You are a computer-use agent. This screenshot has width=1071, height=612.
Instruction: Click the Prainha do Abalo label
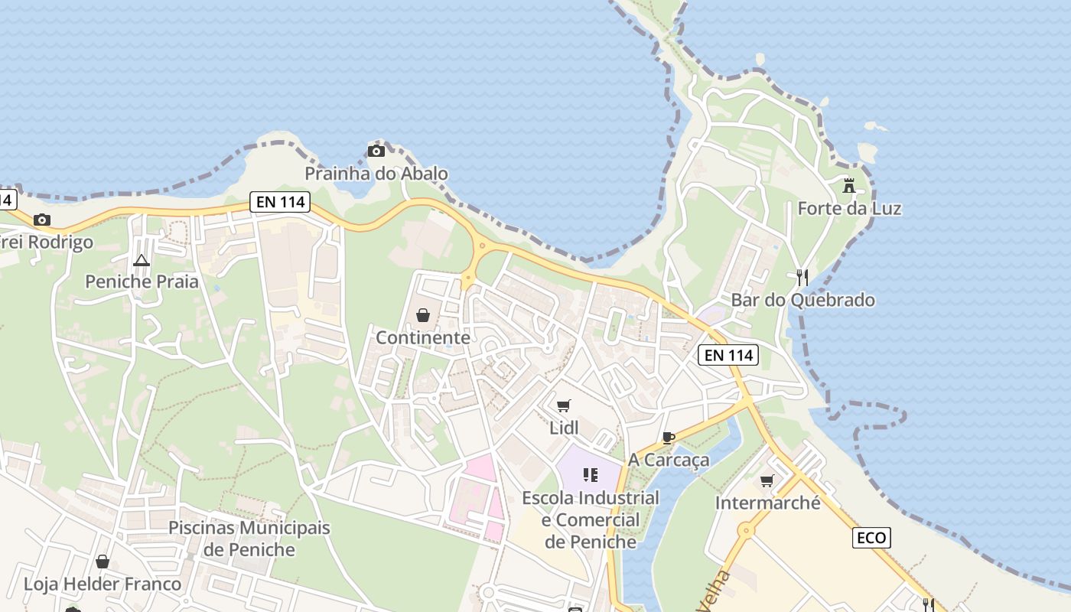point(376,174)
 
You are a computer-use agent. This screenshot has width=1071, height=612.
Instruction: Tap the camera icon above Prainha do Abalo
point(376,151)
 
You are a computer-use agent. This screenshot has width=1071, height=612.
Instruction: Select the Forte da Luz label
point(849,208)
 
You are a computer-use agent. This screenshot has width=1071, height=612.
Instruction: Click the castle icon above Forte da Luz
point(849,185)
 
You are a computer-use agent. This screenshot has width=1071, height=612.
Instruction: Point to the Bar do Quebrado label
point(802,300)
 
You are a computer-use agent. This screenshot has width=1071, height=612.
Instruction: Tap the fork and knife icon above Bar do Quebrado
point(802,277)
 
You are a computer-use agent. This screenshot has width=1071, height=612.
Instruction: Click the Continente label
point(422,337)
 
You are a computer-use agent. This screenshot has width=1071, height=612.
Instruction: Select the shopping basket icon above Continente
point(422,314)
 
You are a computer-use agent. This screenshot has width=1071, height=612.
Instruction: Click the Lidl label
point(564,428)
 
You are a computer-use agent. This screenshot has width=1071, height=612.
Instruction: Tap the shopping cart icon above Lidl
point(564,405)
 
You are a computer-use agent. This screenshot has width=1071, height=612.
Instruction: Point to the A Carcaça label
point(669,460)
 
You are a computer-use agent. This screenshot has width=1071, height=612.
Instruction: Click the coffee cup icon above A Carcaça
point(669,438)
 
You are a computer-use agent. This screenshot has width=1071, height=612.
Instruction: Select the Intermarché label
point(767,503)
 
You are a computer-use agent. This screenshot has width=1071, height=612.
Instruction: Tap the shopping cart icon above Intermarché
point(767,480)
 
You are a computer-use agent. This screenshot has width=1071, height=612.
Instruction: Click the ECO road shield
point(871,538)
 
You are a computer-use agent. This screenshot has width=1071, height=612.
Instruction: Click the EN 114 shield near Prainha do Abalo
point(279,202)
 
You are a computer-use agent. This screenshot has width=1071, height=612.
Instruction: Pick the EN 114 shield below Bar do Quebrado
point(728,355)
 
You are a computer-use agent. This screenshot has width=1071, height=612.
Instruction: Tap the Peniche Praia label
point(142,282)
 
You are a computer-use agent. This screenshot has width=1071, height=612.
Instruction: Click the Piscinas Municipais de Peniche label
point(249,539)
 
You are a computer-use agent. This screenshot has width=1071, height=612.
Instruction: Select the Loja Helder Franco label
point(103,584)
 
